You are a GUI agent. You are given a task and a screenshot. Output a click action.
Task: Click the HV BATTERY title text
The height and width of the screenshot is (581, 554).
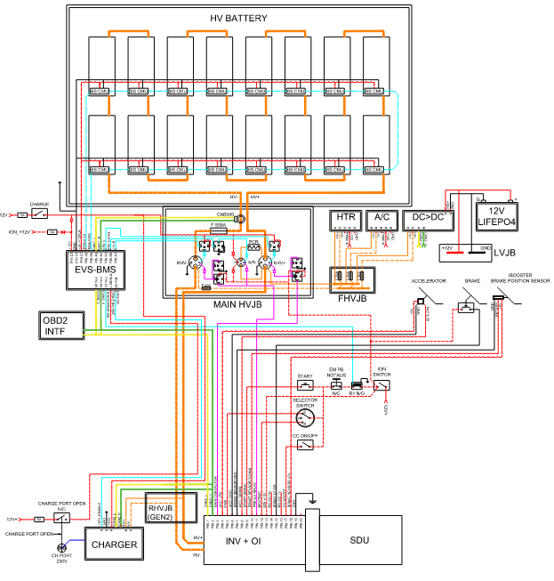[x=237, y=19]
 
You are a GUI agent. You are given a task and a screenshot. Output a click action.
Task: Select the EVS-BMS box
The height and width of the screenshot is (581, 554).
[x=99, y=270]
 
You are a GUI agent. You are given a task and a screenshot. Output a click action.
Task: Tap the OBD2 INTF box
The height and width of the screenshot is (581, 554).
[x=59, y=326]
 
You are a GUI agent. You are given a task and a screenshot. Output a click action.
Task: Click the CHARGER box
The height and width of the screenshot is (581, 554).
[x=114, y=544]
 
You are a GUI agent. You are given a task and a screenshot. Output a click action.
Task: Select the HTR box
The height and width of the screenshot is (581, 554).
[x=344, y=219]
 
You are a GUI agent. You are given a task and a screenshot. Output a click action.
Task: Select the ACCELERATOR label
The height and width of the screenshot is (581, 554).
[x=428, y=279]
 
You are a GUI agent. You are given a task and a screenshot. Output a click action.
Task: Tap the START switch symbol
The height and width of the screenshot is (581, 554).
[x=306, y=385]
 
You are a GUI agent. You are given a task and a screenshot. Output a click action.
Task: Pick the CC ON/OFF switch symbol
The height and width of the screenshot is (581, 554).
[x=306, y=444]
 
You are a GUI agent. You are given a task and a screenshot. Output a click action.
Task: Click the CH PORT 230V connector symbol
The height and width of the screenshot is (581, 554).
[x=61, y=549]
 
